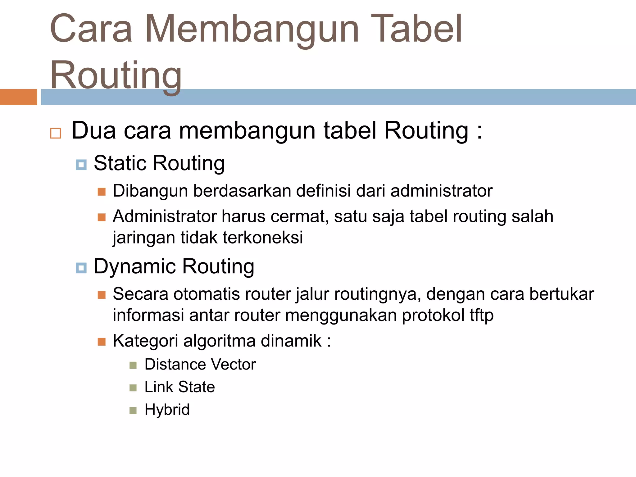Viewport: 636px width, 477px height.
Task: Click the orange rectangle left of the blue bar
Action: tap(18, 97)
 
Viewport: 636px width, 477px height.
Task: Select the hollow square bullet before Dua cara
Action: tap(56, 133)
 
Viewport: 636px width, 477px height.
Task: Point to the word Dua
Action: tap(94, 130)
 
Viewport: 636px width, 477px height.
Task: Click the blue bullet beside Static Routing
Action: tap(81, 165)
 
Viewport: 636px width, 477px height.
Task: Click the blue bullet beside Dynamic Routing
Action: tap(81, 268)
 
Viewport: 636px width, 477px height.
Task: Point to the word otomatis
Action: tap(206, 294)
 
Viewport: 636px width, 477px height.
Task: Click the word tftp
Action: tap(481, 315)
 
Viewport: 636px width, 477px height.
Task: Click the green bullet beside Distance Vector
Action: tap(133, 365)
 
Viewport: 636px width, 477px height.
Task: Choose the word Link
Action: tap(158, 387)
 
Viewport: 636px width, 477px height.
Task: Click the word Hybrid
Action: tap(167, 410)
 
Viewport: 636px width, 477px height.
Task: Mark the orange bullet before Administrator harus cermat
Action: tap(102, 217)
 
